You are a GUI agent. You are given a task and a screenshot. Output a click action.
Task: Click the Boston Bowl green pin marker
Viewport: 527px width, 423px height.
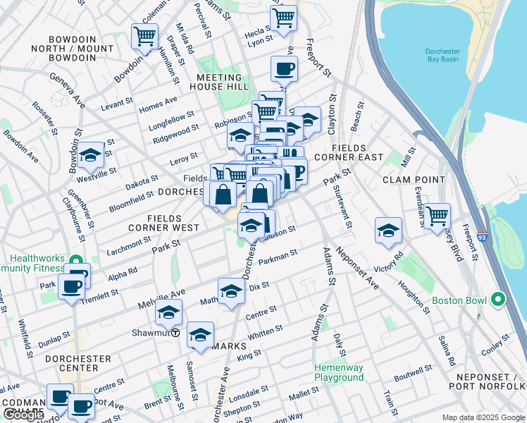498,300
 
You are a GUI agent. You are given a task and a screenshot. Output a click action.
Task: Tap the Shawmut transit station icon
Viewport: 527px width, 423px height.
175,333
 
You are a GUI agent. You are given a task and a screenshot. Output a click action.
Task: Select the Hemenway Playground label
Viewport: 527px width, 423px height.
339,372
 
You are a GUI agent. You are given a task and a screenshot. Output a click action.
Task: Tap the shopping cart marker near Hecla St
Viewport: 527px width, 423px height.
283,18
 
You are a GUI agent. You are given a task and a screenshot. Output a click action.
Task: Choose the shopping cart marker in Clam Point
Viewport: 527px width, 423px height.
438,214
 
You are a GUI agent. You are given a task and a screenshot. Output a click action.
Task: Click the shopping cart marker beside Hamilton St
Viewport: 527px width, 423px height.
144,36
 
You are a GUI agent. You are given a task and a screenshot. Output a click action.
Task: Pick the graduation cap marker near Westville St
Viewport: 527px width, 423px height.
91,156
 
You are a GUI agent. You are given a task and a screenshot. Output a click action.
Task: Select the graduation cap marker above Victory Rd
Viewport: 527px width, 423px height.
388,230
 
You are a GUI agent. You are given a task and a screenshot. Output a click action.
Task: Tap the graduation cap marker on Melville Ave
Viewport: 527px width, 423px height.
168,312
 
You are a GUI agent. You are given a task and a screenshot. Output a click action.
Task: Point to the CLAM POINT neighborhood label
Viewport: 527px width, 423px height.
414,180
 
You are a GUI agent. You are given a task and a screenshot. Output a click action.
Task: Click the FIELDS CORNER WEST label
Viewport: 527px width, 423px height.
163,223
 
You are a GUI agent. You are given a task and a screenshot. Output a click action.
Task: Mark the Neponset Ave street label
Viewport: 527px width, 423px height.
357,266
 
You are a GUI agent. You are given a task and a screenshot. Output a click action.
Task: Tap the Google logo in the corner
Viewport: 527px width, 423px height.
23,415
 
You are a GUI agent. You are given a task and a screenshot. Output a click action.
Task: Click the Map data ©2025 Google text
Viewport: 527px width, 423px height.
483,417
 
